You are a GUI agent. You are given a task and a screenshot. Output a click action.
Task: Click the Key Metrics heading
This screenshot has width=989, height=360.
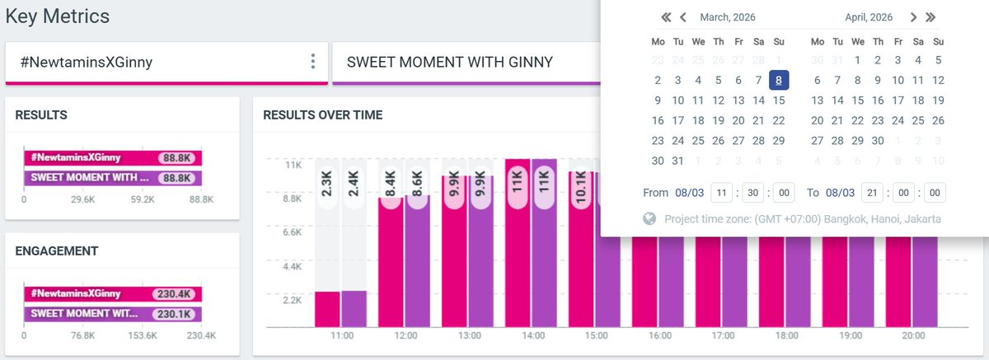58,16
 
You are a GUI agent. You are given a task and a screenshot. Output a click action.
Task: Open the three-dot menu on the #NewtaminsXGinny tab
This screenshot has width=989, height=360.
312,62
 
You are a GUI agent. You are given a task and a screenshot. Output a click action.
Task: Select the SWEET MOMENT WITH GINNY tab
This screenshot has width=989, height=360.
449,62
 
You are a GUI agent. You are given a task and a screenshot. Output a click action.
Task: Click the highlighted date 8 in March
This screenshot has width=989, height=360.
779,80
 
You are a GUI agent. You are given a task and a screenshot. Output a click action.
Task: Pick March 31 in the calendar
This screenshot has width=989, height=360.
677,161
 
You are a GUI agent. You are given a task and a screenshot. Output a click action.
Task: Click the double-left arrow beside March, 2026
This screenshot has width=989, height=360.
666,17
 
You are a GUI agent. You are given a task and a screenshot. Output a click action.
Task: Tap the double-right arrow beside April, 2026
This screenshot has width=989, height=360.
930,17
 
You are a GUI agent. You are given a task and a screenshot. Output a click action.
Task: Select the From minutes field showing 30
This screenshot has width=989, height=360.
752,193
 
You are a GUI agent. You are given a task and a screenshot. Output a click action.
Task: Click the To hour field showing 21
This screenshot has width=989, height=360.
872,193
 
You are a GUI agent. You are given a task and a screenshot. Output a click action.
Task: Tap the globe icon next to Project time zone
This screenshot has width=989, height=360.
649,219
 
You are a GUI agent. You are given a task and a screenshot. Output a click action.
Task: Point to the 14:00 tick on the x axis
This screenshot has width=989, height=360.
532,336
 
